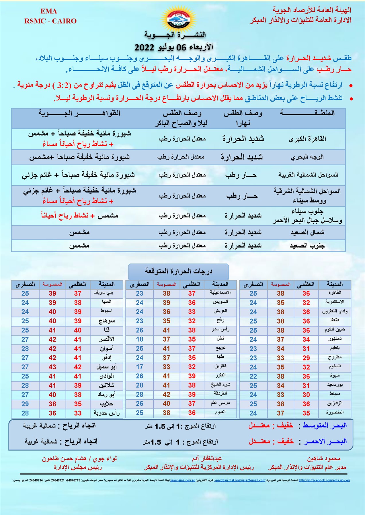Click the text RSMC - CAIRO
50,21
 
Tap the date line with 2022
174,47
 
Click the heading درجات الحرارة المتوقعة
178,271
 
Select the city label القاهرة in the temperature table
335,293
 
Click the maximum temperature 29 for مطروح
306,358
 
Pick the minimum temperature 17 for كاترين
140,367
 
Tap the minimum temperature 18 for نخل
140,339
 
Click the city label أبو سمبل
106,367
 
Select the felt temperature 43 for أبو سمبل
52,367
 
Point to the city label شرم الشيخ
220,385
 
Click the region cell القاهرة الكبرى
307,139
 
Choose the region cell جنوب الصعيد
307,246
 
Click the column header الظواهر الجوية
79,113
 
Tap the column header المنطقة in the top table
307,113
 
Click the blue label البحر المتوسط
325,426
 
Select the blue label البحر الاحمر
325,441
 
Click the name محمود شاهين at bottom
324,459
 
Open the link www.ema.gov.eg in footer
183,480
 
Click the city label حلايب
106,404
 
